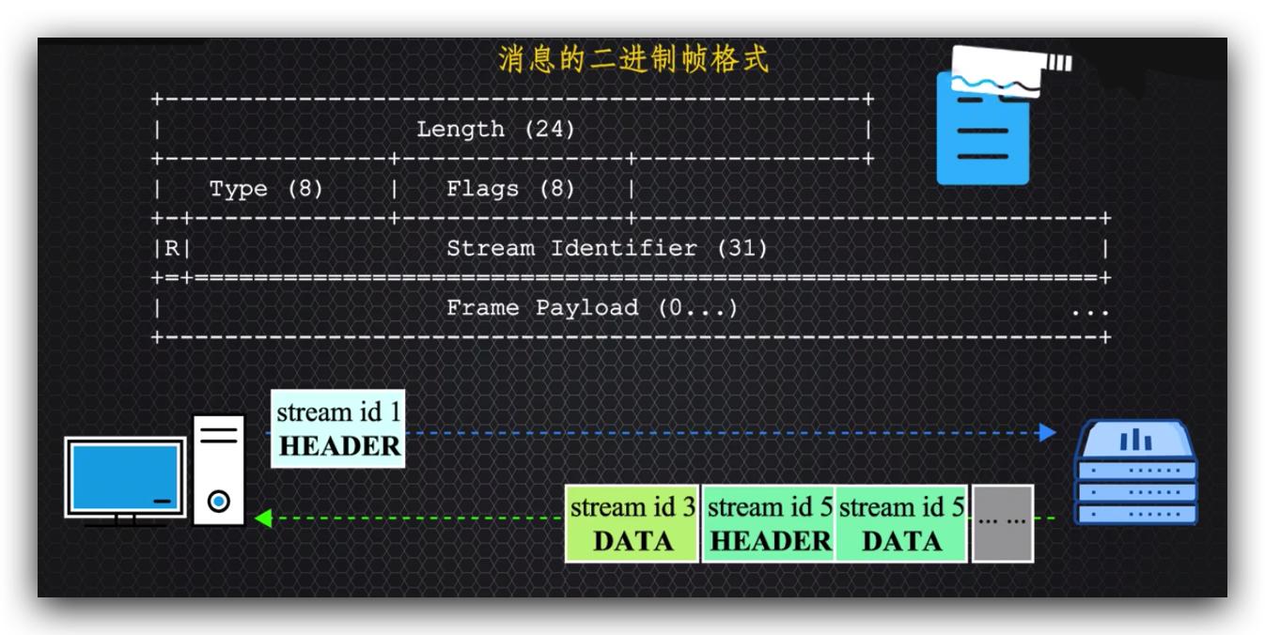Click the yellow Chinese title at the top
click(x=632, y=60)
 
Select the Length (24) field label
click(x=495, y=129)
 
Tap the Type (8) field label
click(x=266, y=189)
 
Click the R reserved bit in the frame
click(x=172, y=249)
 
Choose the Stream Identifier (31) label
click(x=606, y=249)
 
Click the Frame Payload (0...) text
click(x=592, y=308)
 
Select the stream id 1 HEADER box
click(x=339, y=428)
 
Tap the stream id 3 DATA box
click(x=632, y=523)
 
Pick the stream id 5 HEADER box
click(x=769, y=523)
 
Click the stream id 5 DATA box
click(x=901, y=523)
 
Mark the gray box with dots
click(x=1002, y=523)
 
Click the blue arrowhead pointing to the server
click(x=1047, y=432)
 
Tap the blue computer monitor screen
click(x=125, y=477)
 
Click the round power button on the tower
click(x=219, y=502)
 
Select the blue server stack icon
click(x=1135, y=474)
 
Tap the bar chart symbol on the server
click(x=1135, y=440)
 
